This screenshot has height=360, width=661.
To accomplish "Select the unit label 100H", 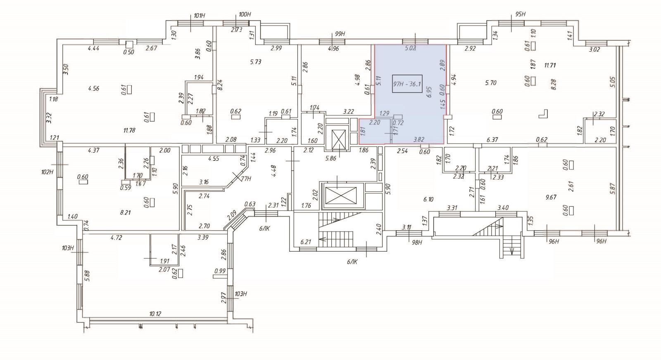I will pos(245,14).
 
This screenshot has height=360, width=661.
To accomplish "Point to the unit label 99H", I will pos(339,34).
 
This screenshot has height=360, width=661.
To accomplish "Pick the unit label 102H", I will pos(48,172).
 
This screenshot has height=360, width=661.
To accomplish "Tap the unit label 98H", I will pos(417,243).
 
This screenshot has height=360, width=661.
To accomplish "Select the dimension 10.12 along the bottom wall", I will pos(155,314).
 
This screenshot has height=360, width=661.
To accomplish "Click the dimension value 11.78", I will pos(129,131).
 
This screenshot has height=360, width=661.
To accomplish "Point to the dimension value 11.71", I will pos(550,65).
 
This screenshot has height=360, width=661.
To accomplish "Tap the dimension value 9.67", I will pos(551,198).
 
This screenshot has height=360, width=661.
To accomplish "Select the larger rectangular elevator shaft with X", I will pos(340,195).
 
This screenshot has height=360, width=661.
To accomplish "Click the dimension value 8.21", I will pos(125,213).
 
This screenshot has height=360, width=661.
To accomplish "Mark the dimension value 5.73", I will pos(256,62).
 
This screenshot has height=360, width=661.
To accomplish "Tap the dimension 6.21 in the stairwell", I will pos(306,242).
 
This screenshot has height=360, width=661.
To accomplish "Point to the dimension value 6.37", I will pos(492,140).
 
